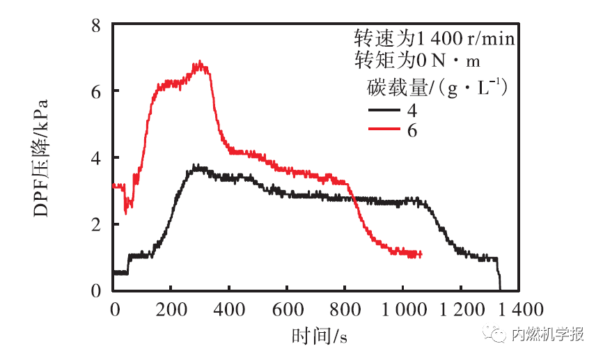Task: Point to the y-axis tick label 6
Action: (x=98, y=92)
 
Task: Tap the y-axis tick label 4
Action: (x=98, y=158)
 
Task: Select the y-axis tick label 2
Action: (x=98, y=224)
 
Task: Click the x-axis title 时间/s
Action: (x=320, y=336)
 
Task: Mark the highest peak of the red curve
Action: (x=201, y=63)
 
